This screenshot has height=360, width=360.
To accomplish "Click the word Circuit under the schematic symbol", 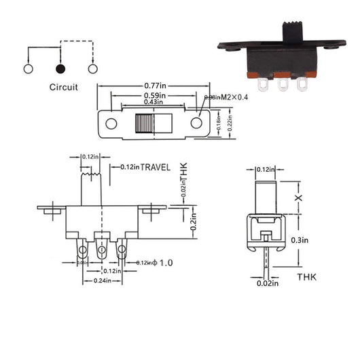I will pyautogui.click(x=63, y=87).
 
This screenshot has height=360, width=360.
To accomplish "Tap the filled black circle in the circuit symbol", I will pyautogui.click(x=60, y=69).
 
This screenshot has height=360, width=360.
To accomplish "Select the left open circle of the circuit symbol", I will pyautogui.click(x=28, y=69).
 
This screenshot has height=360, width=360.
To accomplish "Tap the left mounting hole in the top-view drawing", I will pyautogui.click(x=111, y=124).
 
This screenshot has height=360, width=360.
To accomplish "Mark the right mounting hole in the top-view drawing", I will pyautogui.click(x=196, y=124).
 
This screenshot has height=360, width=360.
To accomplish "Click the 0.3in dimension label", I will pyautogui.click(x=300, y=240).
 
